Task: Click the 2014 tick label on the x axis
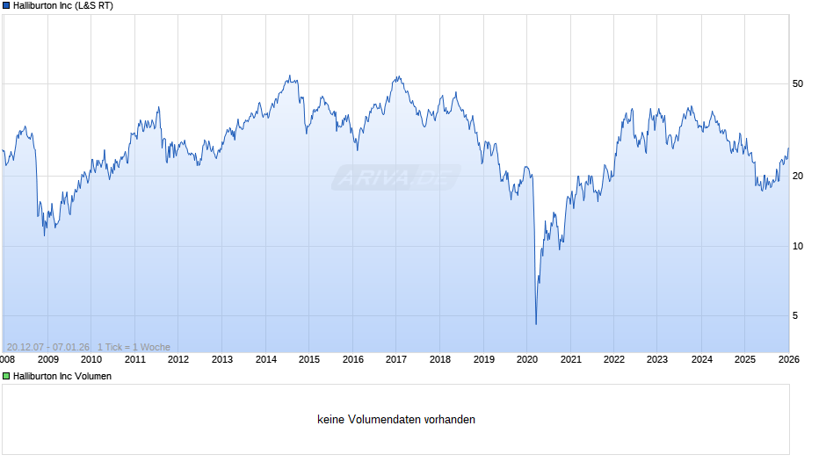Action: coord(265,358)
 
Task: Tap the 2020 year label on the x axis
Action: coord(527,358)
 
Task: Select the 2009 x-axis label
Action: coord(47,358)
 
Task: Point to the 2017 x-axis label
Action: coord(396,358)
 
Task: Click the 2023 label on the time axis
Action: coord(657,358)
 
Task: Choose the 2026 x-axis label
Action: coord(788,358)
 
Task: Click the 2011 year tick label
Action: coord(134,358)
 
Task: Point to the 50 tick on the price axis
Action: coord(798,84)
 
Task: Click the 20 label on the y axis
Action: coord(798,177)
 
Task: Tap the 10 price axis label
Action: coord(798,246)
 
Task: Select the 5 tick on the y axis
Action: coord(795,315)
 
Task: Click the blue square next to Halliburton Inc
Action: coord(6,6)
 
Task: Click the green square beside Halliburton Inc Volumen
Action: coord(6,376)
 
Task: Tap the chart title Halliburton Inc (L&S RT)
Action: coord(63,6)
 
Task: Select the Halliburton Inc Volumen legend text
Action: coord(62,376)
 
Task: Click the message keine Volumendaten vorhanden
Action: coord(396,420)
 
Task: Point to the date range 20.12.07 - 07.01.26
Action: coord(47,347)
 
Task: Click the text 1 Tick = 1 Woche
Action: coord(134,347)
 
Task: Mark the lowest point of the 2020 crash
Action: coord(536,324)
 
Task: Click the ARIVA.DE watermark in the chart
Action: coord(395,178)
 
